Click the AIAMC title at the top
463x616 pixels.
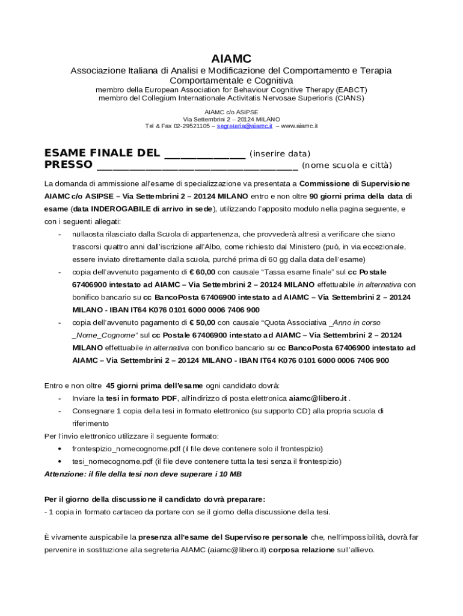point(231,58)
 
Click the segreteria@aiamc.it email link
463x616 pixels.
point(245,126)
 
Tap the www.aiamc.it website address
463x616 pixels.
point(299,126)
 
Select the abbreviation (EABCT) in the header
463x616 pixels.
point(351,90)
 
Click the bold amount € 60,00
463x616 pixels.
point(202,272)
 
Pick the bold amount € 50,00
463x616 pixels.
point(202,322)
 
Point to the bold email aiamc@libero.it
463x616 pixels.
point(317,398)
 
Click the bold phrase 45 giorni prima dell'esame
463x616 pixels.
point(155,386)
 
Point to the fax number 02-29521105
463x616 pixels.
point(192,126)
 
